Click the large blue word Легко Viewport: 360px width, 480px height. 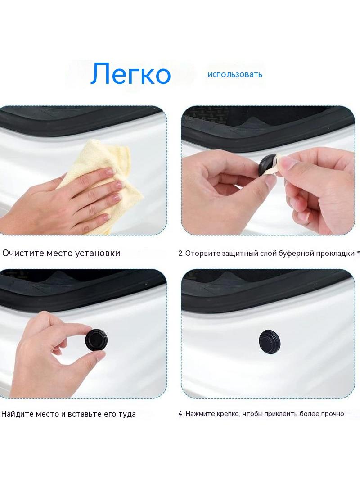pyautogui.click(x=130, y=74)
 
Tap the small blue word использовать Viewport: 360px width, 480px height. pyautogui.click(x=235, y=74)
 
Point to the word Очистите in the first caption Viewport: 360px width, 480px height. pyautogui.click(x=23, y=253)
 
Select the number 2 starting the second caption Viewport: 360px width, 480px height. pyautogui.click(x=181, y=254)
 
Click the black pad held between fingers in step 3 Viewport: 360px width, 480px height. pyautogui.click(x=96, y=340)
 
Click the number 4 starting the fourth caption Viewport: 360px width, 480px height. pyautogui.click(x=181, y=414)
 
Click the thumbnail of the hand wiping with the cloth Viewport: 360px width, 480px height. pyautogui.click(x=83, y=171)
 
